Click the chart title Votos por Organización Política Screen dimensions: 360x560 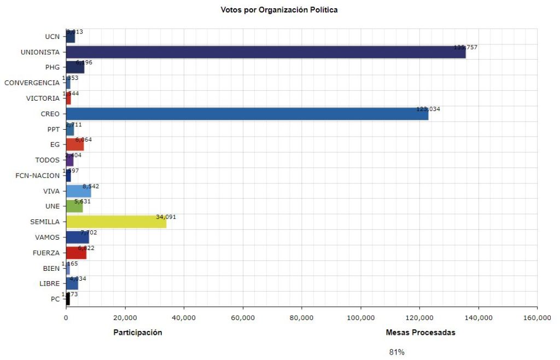click(279, 10)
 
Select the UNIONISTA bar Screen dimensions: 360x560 click(265, 53)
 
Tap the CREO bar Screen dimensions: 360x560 click(247, 114)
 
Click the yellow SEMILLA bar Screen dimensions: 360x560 click(116, 222)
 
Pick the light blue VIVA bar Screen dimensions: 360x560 click(78, 191)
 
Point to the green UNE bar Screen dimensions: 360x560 click(74, 206)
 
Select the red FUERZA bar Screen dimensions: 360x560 click(76, 253)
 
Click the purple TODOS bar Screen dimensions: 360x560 click(70, 160)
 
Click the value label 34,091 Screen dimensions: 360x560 click(166, 217)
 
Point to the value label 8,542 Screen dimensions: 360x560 click(91, 187)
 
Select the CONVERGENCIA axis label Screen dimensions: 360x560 click(32, 83)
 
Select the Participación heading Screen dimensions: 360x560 click(137, 333)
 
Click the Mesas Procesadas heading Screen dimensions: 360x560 click(420, 333)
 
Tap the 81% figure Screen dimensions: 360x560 click(396, 352)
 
